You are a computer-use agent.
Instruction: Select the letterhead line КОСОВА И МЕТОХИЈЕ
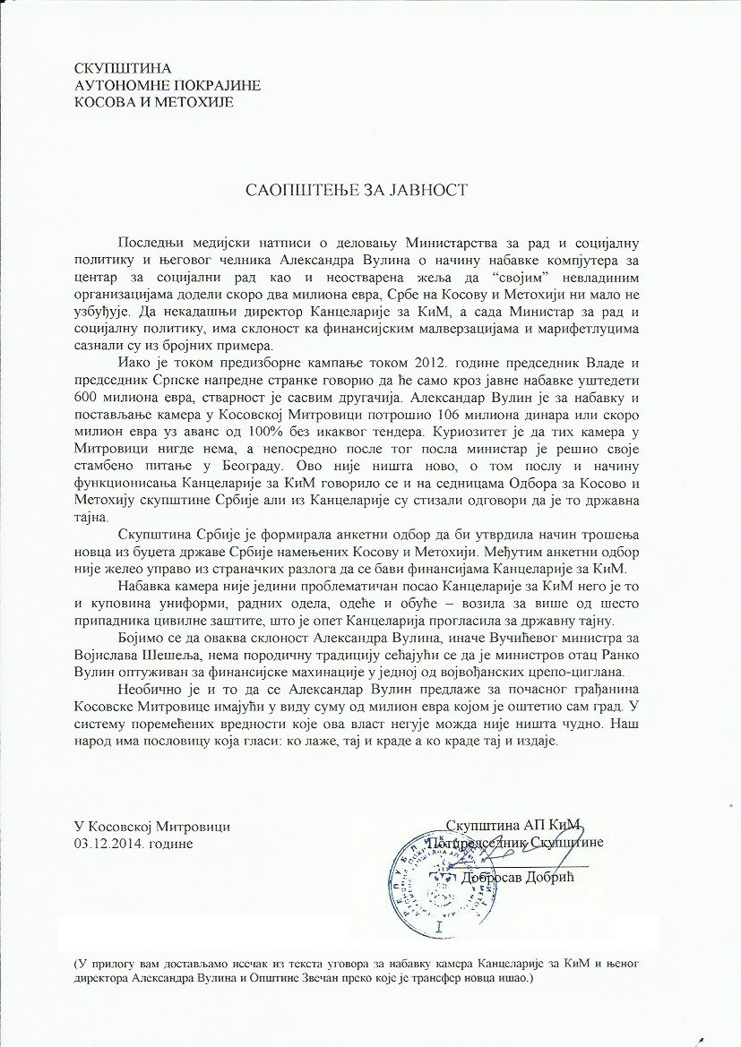[154, 102]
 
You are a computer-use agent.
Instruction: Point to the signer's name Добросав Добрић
[519, 878]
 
